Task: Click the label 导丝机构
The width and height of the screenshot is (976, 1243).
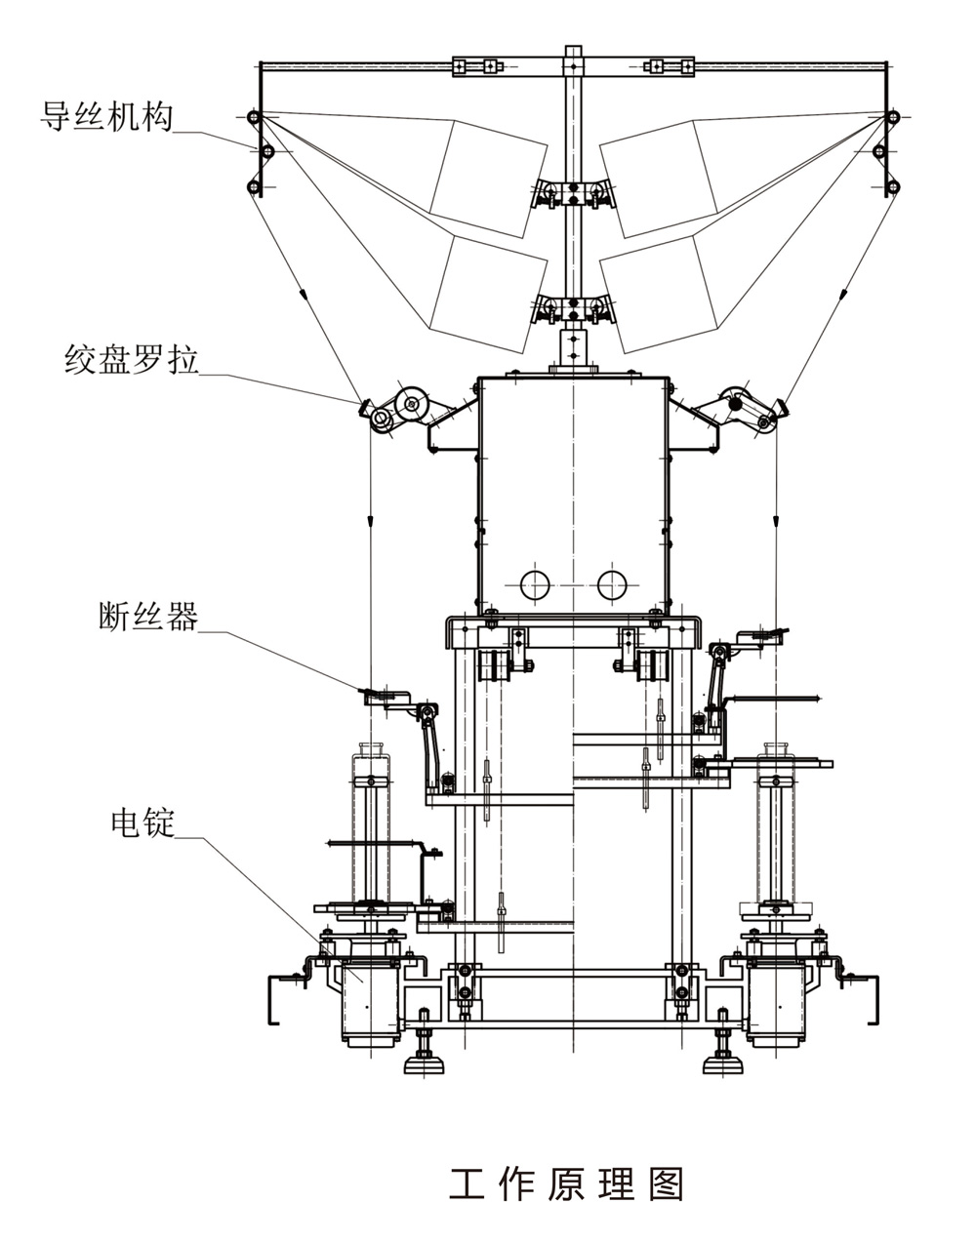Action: click(x=106, y=116)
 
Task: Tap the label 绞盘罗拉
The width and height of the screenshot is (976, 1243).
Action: click(x=131, y=360)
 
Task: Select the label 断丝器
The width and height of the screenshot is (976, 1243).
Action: click(x=147, y=617)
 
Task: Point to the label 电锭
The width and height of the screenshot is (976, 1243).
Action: click(x=142, y=822)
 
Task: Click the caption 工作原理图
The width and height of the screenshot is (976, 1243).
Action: click(x=566, y=1183)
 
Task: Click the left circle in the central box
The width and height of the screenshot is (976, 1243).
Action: click(x=535, y=584)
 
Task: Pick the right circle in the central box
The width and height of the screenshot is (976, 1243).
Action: click(x=612, y=584)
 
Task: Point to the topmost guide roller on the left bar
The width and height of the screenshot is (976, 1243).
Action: click(x=253, y=118)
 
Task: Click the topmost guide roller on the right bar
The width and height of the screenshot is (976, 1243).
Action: click(x=891, y=118)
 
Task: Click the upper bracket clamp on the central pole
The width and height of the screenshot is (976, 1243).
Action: click(x=572, y=193)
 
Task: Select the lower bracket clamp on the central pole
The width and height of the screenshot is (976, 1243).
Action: click(x=572, y=306)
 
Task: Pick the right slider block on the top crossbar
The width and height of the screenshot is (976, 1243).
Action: click(x=670, y=66)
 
